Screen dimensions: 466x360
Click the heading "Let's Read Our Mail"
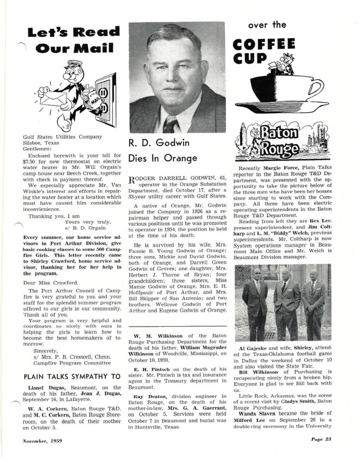coord(73,40)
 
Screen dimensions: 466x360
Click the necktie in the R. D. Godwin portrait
coord(171,124)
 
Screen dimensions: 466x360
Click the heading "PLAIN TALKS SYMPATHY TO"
coord(66,377)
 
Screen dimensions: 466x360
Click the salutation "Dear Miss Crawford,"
coord(51,283)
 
